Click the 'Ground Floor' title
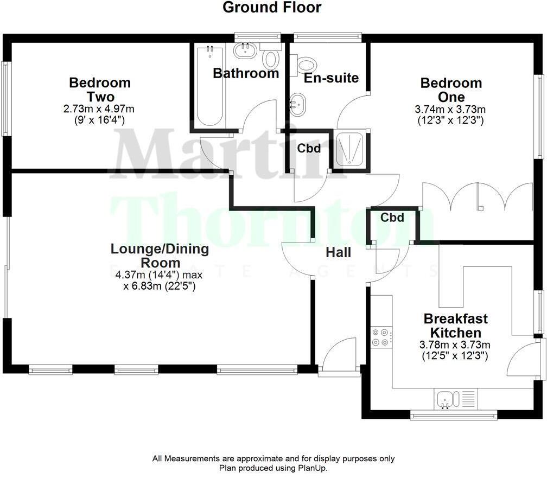pos(272,8)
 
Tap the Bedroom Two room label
pos(100,90)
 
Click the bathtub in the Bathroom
pos(209,87)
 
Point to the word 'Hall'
pos(338,252)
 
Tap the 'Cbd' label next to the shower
pos(308,148)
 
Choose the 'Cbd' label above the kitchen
pos(392,218)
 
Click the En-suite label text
pos(331,78)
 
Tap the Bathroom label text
pos(245,73)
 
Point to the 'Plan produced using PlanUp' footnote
pos(273,468)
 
